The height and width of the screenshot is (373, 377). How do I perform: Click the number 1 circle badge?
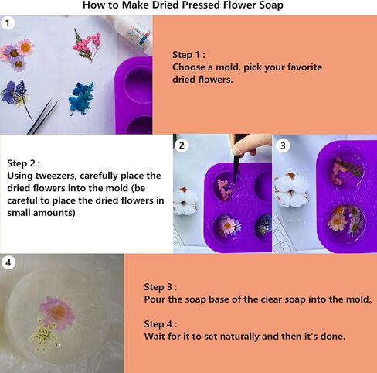(8, 24)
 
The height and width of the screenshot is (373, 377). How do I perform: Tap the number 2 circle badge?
(182, 145)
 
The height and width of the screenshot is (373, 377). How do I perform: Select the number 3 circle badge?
(283, 145)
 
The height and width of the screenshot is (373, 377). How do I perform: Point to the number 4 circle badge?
(8, 263)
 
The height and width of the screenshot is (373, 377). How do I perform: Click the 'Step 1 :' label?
(189, 55)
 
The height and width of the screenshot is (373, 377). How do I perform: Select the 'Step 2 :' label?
(25, 163)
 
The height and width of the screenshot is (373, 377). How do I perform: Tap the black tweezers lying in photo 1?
(42, 116)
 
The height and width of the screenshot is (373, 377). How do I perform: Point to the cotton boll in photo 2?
(185, 200)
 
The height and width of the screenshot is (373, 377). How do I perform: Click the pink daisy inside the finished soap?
(57, 310)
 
